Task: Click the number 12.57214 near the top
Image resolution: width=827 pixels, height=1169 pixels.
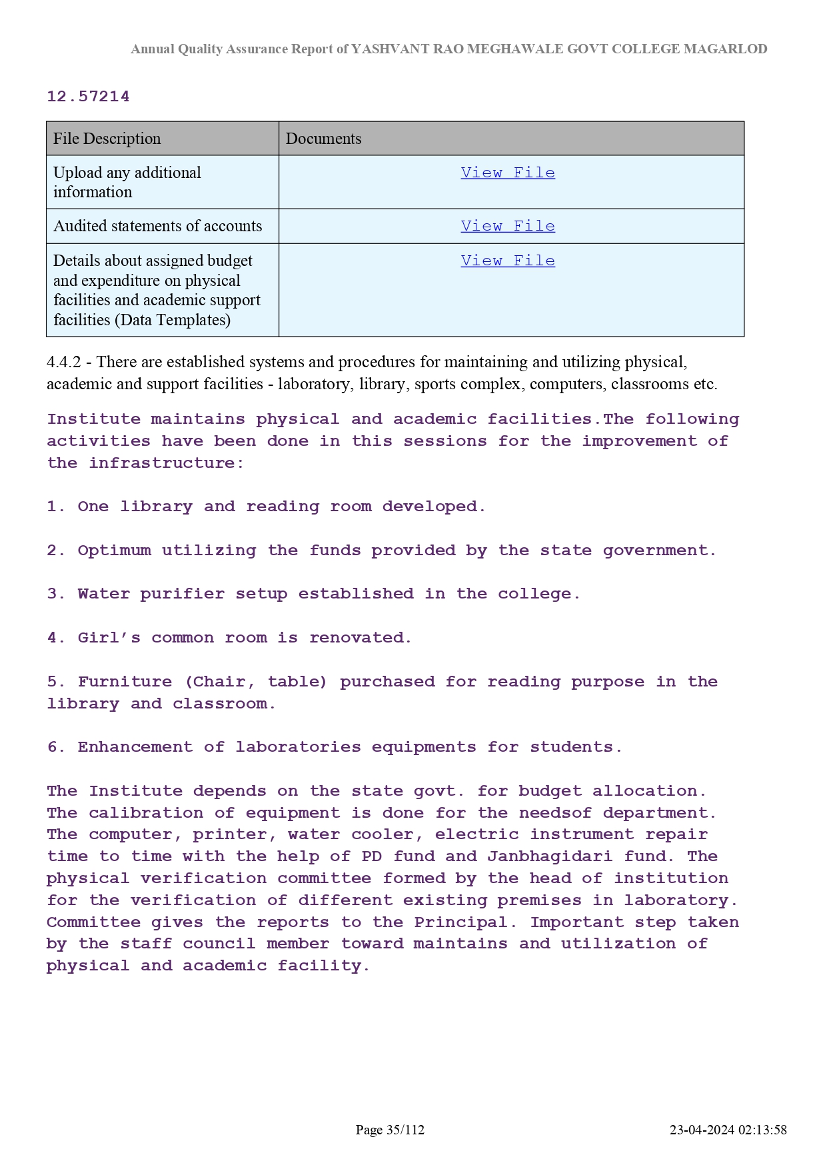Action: pyautogui.click(x=88, y=97)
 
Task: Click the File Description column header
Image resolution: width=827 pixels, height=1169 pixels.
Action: pyautogui.click(x=107, y=139)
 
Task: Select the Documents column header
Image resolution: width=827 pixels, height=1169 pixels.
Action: pyautogui.click(x=323, y=139)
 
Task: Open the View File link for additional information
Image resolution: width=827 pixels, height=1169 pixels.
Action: pyautogui.click(x=508, y=173)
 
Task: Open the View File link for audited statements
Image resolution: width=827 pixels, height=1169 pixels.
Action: pyautogui.click(x=508, y=226)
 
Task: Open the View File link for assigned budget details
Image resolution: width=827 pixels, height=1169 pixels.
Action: pyautogui.click(x=508, y=261)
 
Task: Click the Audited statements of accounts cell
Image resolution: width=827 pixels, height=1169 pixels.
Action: pyautogui.click(x=158, y=226)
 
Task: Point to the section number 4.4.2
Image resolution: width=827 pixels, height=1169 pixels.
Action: pyautogui.click(x=63, y=362)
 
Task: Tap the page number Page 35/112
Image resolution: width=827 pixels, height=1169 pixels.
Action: pyautogui.click(x=390, y=1130)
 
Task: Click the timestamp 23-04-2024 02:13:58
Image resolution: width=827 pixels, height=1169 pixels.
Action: pyautogui.click(x=728, y=1130)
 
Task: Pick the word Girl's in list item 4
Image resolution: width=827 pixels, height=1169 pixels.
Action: pyautogui.click(x=109, y=638)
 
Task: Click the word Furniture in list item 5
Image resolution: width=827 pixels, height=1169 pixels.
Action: pyautogui.click(x=125, y=682)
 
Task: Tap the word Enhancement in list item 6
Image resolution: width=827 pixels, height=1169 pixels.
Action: pyautogui.click(x=135, y=747)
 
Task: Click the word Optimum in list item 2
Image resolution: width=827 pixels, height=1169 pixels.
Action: pyautogui.click(x=114, y=551)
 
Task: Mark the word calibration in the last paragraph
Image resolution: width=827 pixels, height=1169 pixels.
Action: pyautogui.click(x=146, y=813)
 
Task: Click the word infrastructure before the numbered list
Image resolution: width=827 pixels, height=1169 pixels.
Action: pyautogui.click(x=166, y=463)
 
